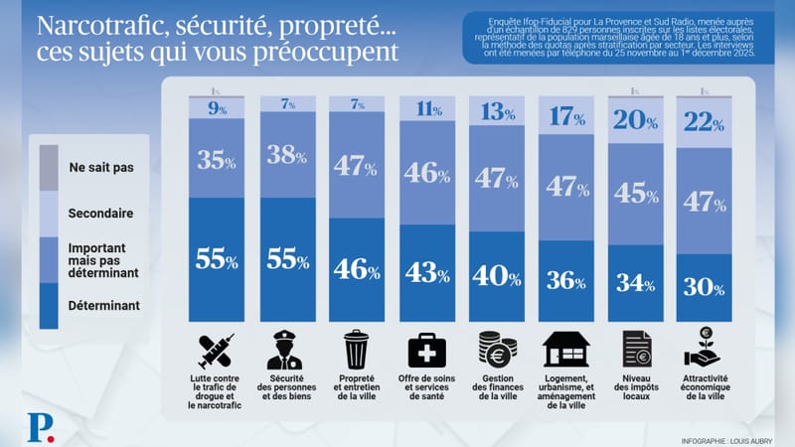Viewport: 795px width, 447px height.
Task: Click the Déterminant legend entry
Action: (x=97, y=307)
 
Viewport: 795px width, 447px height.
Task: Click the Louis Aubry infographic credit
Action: (x=728, y=438)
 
